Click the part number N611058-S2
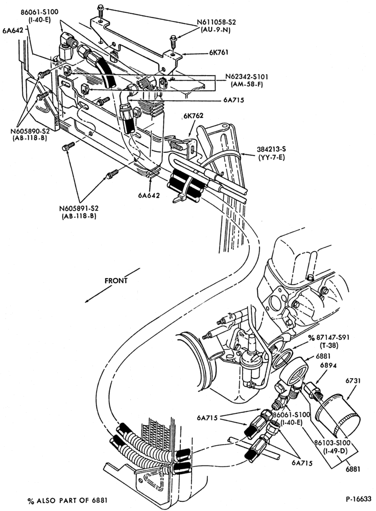216,22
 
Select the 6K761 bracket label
219,53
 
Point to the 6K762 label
193,115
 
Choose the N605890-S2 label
30,131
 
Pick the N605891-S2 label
79,208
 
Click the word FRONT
116,281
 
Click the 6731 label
354,381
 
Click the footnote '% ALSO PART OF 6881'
67,500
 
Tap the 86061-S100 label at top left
39,12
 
